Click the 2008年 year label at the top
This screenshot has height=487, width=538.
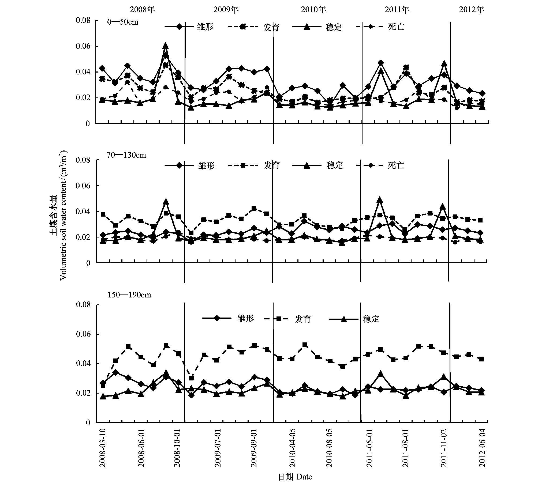coord(142,10)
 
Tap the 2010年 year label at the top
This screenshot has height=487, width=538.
coord(313,10)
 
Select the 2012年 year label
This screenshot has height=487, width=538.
coord(472,10)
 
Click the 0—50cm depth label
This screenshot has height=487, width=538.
coord(123,22)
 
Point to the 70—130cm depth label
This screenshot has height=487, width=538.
coord(126,155)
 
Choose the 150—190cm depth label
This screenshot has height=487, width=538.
coord(129,295)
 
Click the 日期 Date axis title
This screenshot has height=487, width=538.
coord(295,477)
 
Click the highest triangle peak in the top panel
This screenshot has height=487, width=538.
coord(166,46)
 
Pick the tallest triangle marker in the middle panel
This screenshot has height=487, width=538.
coord(379,200)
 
